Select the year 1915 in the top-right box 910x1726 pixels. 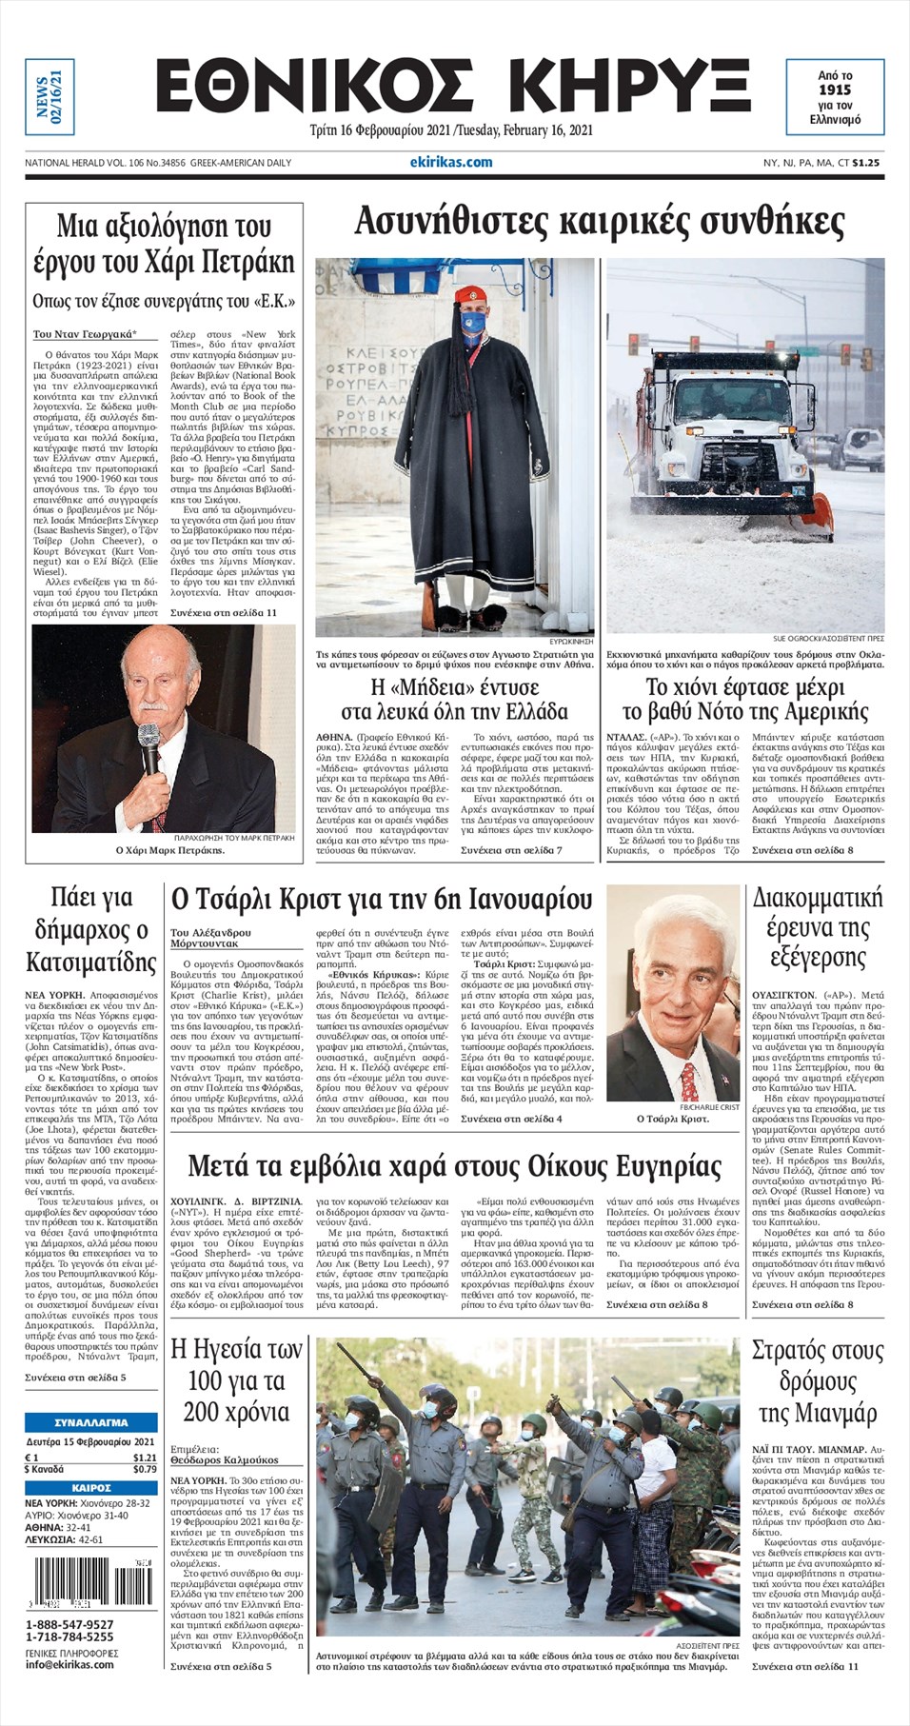pos(835,89)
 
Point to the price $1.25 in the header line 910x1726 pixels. pos(866,163)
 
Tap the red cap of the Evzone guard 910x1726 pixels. pos(468,294)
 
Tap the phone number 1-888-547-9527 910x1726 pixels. pos(69,1624)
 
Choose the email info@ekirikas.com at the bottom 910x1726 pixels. pos(69,1664)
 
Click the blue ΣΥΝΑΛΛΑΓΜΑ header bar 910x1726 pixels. pos(91,1422)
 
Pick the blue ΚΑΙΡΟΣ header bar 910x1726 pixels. pos(91,1487)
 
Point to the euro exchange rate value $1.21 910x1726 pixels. pos(145,1458)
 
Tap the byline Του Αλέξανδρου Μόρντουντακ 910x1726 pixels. pos(210,938)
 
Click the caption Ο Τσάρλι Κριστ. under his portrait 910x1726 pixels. pos(672,1119)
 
